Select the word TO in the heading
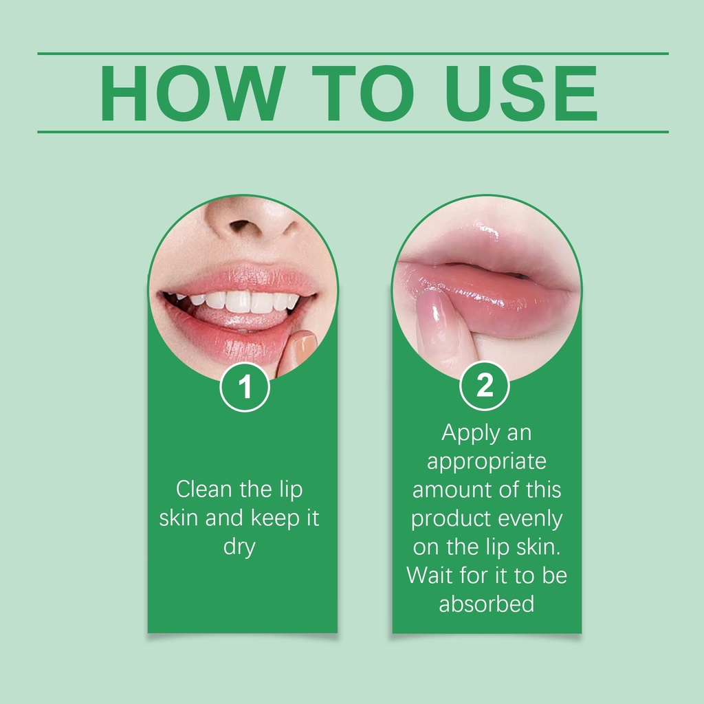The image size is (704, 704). (x=363, y=93)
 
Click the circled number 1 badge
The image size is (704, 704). (x=245, y=387)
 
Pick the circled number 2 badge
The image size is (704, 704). (x=485, y=386)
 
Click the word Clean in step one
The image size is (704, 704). (x=203, y=489)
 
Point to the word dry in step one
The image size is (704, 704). (x=239, y=547)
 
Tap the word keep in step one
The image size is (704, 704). (x=275, y=518)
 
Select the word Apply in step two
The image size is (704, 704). (x=470, y=434)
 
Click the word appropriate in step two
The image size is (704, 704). (x=487, y=462)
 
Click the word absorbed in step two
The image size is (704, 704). (x=487, y=604)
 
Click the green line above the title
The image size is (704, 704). (x=353, y=54)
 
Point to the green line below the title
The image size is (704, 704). (x=353, y=132)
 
